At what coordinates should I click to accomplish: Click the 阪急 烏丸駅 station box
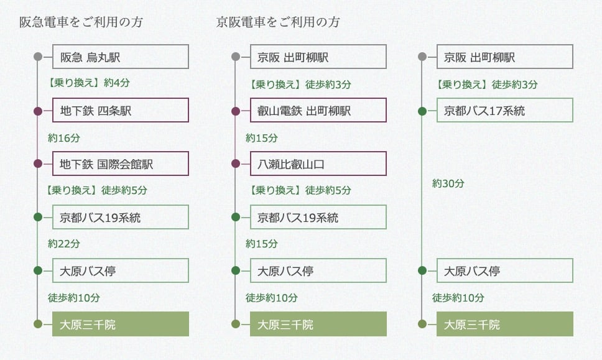[120, 57]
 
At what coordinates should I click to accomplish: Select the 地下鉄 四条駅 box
[120, 111]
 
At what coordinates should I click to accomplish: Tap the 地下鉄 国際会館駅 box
[120, 164]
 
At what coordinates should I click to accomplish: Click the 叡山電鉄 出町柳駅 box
[318, 111]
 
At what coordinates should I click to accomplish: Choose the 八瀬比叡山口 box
[318, 164]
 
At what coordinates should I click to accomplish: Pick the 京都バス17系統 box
[504, 111]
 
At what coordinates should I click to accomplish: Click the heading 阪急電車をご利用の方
[81, 22]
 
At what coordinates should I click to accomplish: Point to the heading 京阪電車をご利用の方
[278, 22]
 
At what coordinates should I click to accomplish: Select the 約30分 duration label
[448, 183]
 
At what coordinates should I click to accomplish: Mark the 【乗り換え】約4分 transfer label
[89, 83]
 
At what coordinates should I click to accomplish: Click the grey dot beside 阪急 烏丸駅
[38, 57]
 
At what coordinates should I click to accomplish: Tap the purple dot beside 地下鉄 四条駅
[38, 111]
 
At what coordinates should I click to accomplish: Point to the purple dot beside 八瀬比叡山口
[236, 164]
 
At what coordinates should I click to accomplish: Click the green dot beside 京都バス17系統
[422, 111]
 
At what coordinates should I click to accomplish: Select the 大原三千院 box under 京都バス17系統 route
[504, 324]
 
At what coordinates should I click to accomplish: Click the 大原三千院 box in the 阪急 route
[120, 324]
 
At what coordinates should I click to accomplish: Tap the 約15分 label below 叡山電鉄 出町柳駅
[262, 137]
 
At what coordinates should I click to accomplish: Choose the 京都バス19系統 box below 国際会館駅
[120, 218]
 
